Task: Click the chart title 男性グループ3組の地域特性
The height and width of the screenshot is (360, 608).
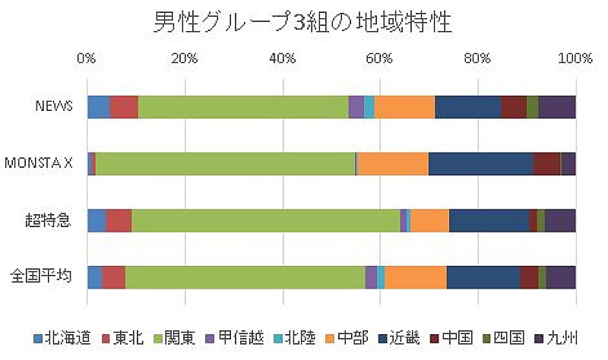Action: [x=304, y=21]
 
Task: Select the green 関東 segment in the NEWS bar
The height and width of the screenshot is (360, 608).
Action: [x=243, y=107]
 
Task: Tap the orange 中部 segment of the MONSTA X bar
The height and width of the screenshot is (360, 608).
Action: [x=393, y=163]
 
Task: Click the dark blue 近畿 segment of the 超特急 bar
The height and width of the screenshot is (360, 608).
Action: [x=489, y=220]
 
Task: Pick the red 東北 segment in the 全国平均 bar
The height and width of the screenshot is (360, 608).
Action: [x=113, y=277]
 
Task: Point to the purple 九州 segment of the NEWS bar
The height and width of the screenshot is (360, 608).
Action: [x=556, y=107]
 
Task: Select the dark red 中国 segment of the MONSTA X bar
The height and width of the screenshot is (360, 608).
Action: [x=546, y=163]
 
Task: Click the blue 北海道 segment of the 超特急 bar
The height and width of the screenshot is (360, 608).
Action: [x=97, y=220]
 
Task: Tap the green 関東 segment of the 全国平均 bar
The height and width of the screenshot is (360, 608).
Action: [x=245, y=277]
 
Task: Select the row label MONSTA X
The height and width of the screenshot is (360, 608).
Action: [x=39, y=163]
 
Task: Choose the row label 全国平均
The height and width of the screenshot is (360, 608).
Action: [x=41, y=276]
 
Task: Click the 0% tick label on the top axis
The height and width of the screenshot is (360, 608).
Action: [x=87, y=58]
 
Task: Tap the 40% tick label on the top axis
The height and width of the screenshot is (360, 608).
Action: [x=282, y=58]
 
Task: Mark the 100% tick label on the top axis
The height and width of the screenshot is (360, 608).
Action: [x=575, y=58]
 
